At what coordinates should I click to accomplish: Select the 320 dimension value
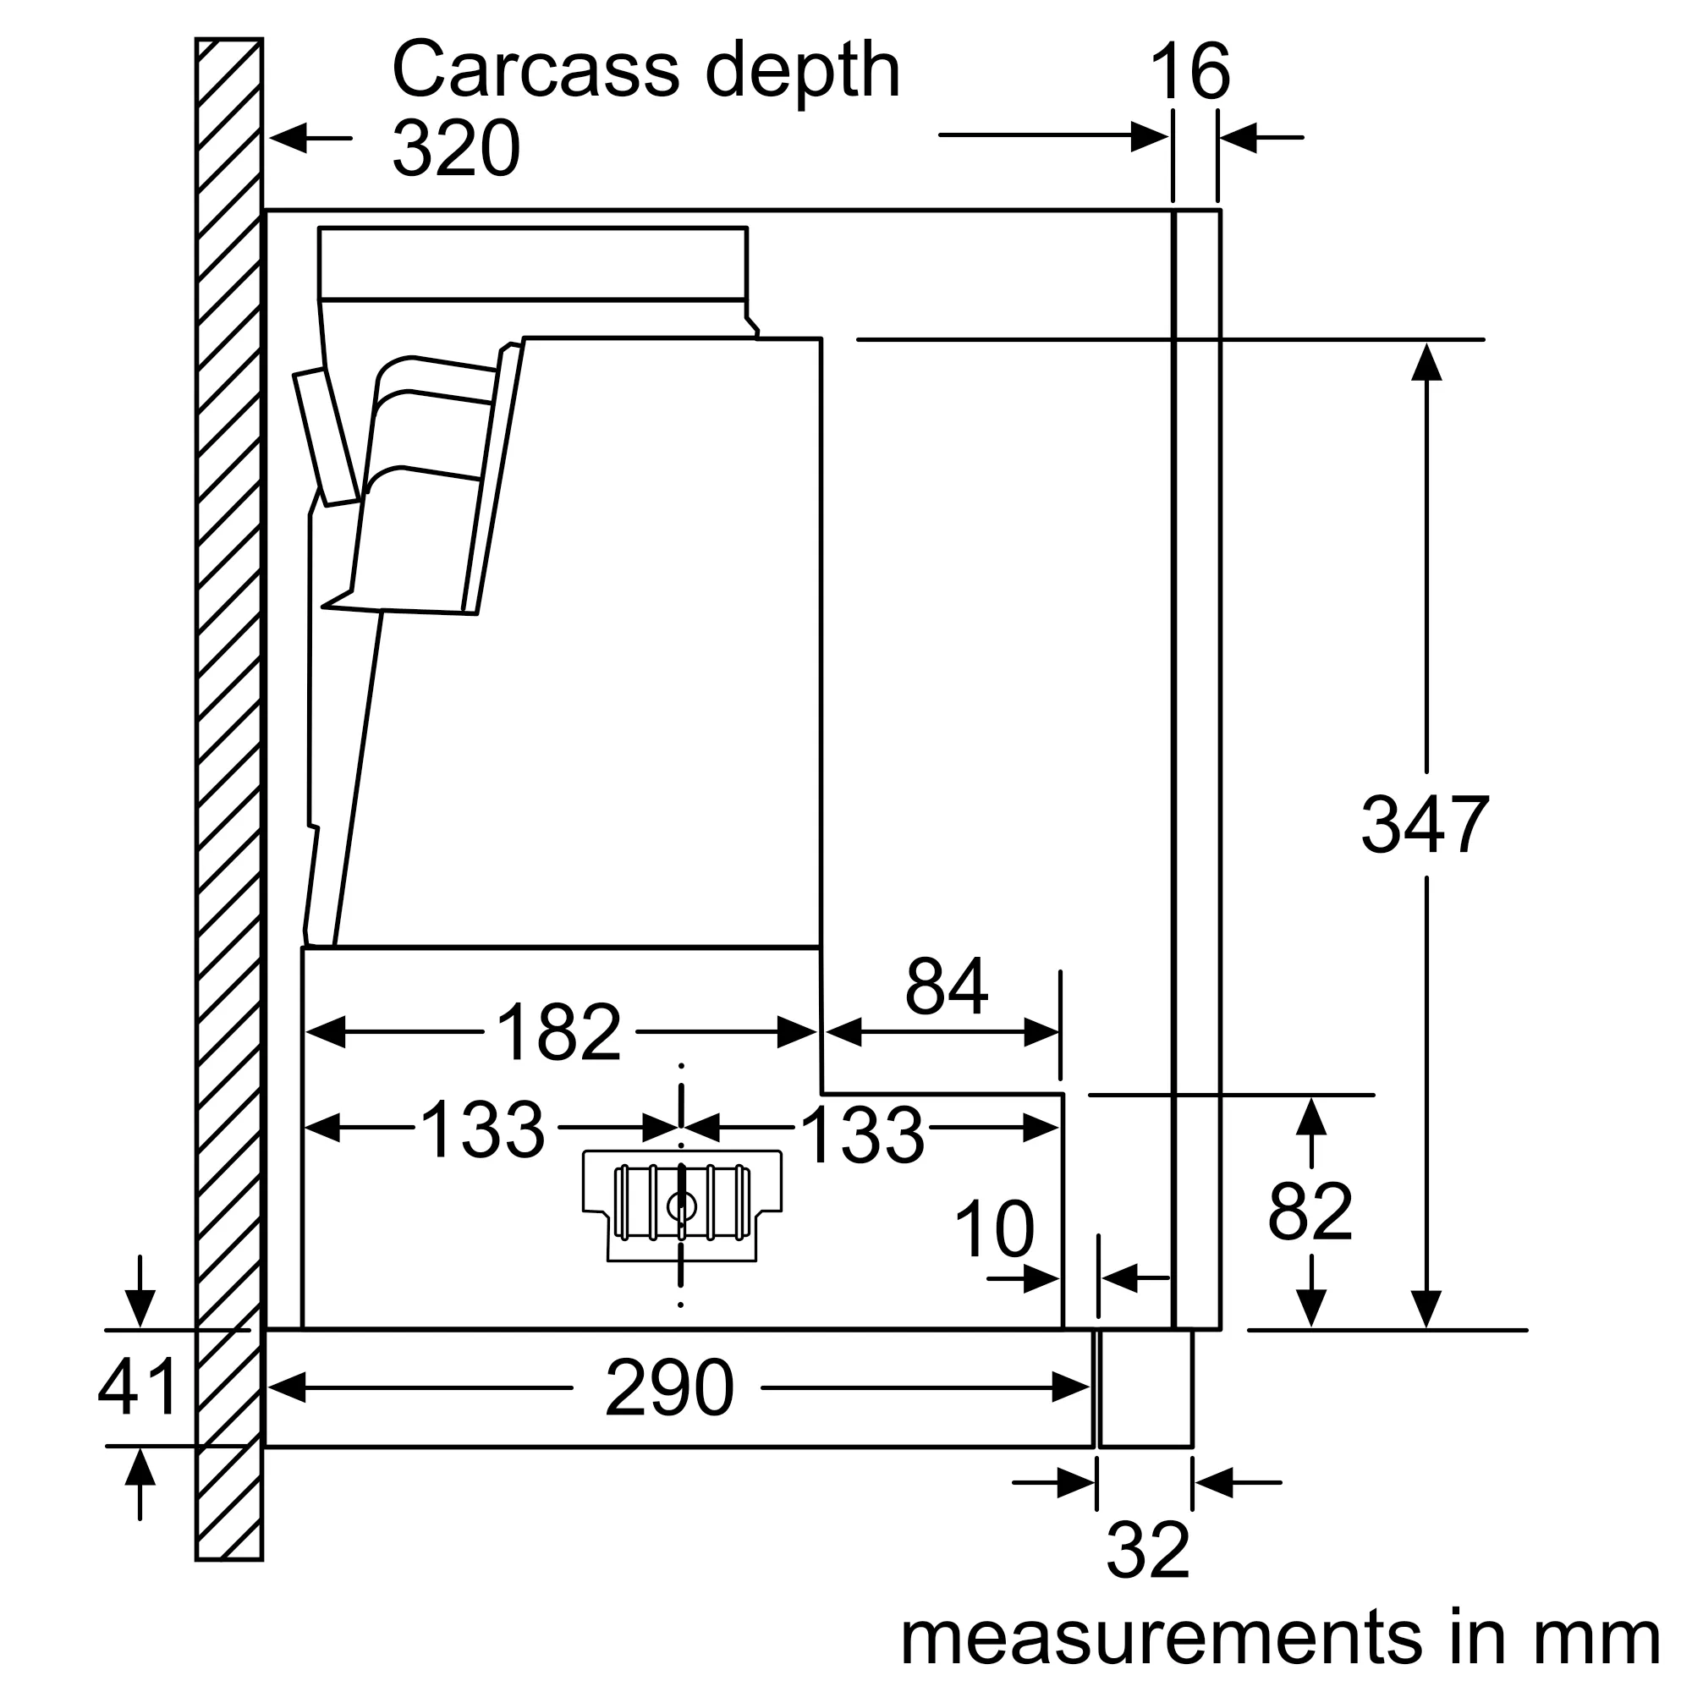click(x=455, y=149)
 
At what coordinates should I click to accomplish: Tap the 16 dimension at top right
click(x=1189, y=73)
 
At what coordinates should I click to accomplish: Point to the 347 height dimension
click(x=1424, y=824)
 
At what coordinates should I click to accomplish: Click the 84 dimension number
click(x=946, y=986)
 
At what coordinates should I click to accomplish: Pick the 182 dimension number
click(x=558, y=1031)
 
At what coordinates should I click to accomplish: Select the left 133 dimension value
click(x=482, y=1129)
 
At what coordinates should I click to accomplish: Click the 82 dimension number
click(x=1310, y=1212)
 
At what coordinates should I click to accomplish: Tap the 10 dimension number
click(x=994, y=1229)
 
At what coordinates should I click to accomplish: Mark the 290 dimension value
click(x=669, y=1388)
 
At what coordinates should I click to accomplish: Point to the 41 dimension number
click(x=138, y=1387)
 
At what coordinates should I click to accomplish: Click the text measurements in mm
click(x=1280, y=1637)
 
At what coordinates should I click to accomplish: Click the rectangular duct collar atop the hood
click(x=532, y=264)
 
